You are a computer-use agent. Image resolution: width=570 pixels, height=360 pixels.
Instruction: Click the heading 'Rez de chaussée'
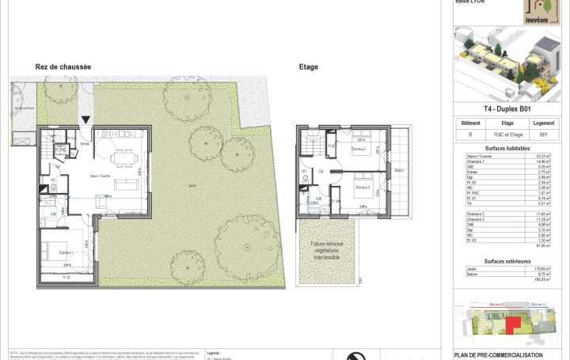(63, 67)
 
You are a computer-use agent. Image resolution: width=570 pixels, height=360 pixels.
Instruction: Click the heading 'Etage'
(309, 67)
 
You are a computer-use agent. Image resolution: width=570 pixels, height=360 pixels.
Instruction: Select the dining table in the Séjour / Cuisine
(123, 159)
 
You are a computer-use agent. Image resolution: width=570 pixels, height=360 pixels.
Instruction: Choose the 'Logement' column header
(543, 123)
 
